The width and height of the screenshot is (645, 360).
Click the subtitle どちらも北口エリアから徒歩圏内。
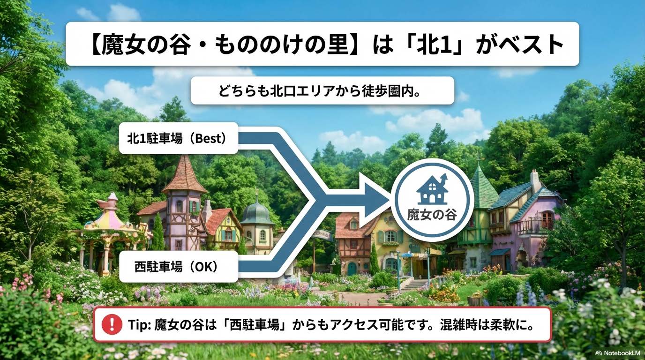(322, 90)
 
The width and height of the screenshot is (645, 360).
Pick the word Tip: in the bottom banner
(139, 324)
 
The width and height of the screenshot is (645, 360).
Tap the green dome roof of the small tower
(256, 213)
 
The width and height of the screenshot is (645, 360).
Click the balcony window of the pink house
(547, 219)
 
